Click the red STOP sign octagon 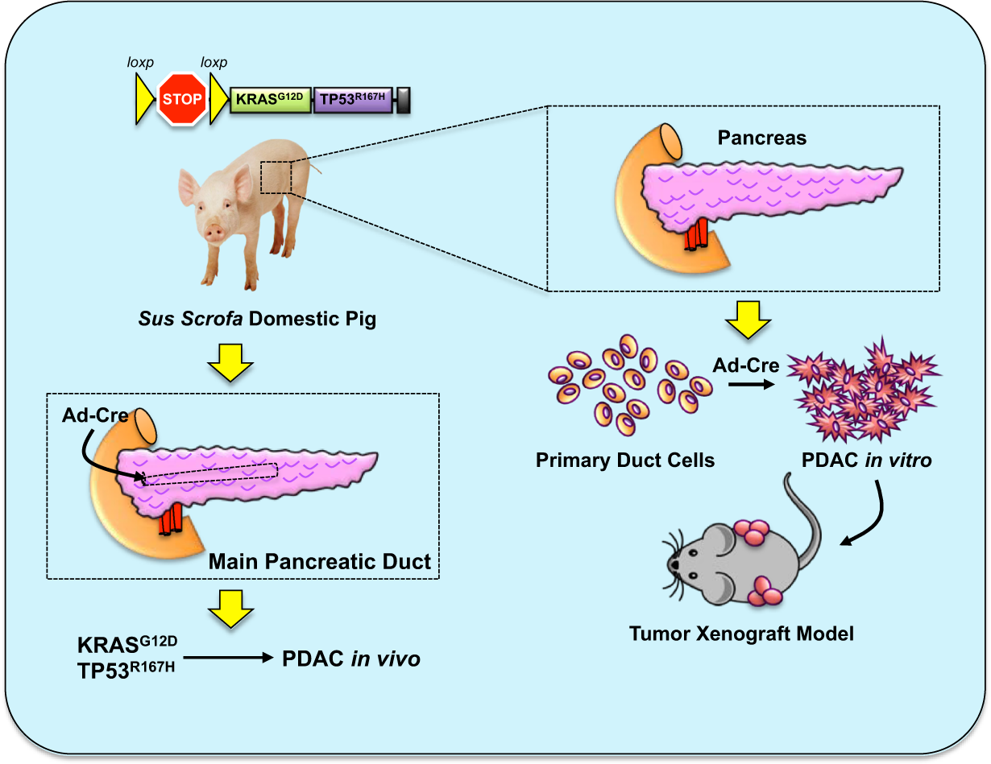(x=180, y=100)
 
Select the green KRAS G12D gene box (x=270, y=100)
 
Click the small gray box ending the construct (x=404, y=100)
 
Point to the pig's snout (x=214, y=233)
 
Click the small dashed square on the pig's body (x=276, y=177)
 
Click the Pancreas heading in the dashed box (x=761, y=138)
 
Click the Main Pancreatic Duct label (x=320, y=561)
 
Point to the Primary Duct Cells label (x=624, y=460)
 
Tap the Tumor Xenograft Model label (x=740, y=634)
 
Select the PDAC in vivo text (x=350, y=659)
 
